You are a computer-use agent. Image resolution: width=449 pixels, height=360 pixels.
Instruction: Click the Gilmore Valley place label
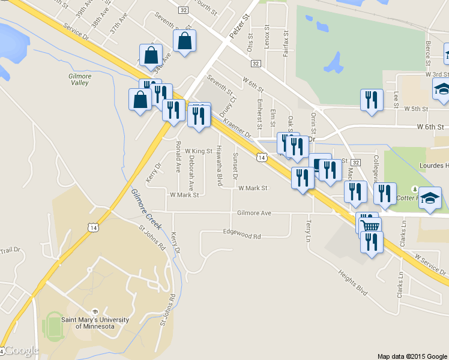[80, 80]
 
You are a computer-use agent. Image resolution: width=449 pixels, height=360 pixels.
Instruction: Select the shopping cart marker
[370, 226]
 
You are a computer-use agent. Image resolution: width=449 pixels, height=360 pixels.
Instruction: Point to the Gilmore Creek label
[147, 208]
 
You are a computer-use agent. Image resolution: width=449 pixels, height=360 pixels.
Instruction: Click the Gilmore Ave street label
[254, 213]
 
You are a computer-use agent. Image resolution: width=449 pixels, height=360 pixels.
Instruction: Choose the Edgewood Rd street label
[241, 236]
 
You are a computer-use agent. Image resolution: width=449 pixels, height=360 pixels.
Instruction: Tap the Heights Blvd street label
[352, 281]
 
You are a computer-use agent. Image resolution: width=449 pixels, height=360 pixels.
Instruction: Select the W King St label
[199, 151]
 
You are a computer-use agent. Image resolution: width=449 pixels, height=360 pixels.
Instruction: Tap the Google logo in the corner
[21, 350]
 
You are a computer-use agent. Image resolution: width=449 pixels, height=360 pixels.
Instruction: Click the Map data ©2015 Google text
[412, 356]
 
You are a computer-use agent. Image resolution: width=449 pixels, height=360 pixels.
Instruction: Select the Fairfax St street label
[286, 43]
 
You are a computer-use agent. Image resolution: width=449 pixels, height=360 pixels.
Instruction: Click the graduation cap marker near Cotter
[430, 197]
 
